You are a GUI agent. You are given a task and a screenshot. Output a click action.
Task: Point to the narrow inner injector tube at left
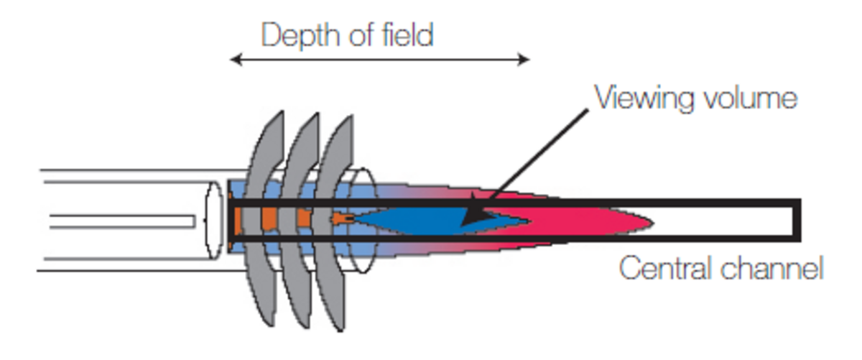(122, 221)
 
